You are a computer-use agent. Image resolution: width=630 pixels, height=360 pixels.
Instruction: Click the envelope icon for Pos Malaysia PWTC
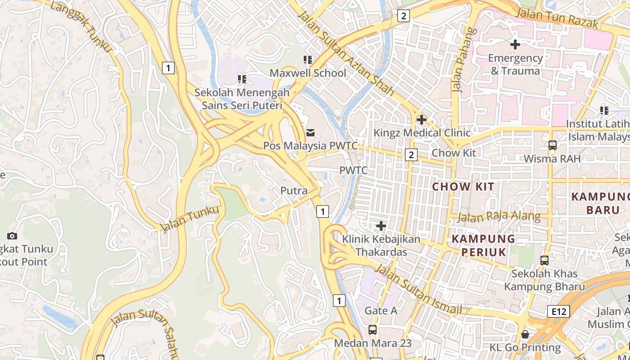tap(310, 133)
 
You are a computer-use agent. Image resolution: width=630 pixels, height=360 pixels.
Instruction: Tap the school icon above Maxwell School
tap(308, 59)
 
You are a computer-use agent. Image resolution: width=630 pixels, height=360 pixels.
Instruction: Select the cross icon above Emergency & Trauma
tap(515, 45)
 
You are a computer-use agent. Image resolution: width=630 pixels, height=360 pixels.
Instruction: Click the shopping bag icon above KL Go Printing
tap(525, 334)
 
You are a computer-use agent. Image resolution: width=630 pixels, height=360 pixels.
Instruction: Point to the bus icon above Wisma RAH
tap(552, 145)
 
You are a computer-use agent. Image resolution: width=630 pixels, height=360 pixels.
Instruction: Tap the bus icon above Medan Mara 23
tap(373, 329)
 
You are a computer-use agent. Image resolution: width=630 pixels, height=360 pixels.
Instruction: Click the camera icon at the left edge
tap(12, 236)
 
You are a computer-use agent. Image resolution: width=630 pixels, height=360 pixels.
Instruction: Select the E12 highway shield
tap(559, 311)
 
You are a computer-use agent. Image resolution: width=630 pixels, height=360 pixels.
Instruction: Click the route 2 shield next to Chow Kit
tap(411, 155)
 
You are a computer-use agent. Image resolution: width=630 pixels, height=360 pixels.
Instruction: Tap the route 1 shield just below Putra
tap(322, 211)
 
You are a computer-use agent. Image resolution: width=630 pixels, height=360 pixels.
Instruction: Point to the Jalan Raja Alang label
tap(499, 216)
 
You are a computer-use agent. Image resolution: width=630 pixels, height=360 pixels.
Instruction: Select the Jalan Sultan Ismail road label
tap(418, 289)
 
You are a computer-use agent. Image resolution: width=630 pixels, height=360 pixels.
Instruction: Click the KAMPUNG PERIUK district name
tap(484, 245)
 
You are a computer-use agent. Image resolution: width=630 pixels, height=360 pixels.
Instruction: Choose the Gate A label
tap(381, 310)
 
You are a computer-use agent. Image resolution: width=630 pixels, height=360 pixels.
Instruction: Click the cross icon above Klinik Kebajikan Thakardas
tap(381, 225)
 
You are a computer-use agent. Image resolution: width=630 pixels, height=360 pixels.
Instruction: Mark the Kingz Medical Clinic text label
tap(422, 133)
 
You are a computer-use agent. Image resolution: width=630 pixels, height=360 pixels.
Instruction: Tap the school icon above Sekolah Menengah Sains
tap(242, 79)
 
